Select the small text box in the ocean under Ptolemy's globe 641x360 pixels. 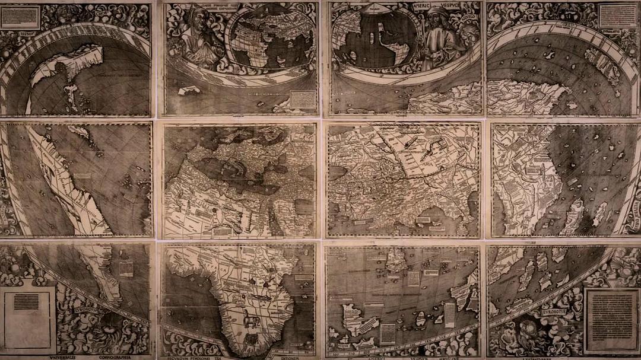click(303, 99)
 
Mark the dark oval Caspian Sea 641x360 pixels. click(337, 173)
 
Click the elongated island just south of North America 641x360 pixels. click(71, 93)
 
